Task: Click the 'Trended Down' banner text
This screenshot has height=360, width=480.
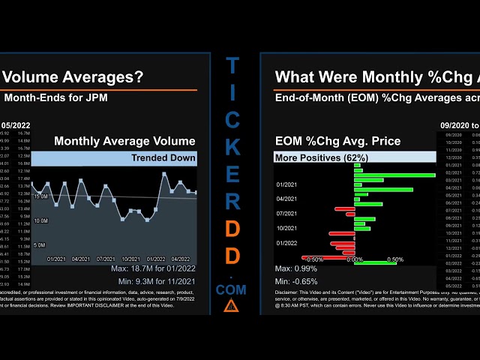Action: click(x=163, y=157)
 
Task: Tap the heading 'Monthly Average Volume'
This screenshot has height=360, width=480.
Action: click(x=124, y=141)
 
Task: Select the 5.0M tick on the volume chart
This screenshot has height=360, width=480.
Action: click(x=41, y=245)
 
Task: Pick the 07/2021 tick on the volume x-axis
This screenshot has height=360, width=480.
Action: click(x=106, y=259)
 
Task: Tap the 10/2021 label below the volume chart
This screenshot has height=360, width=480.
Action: click(x=131, y=259)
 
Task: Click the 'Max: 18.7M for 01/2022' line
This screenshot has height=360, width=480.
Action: click(x=153, y=268)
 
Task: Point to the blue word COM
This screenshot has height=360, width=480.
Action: click(x=231, y=289)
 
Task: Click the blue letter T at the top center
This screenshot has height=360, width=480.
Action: click(x=232, y=67)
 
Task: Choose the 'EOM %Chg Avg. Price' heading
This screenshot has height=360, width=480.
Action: click(x=337, y=141)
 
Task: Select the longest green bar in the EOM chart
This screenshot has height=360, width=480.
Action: click(x=394, y=175)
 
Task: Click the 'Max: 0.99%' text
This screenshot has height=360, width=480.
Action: click(x=295, y=268)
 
